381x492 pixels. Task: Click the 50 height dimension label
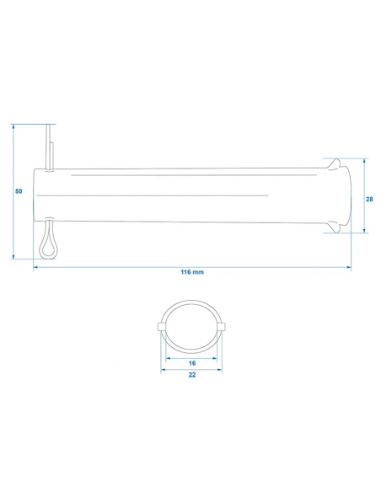coord(19,191)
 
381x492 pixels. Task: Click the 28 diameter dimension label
coord(369,199)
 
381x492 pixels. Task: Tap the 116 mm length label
coord(192,272)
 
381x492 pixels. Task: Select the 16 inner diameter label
coord(192,363)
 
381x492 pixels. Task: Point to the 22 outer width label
coord(192,375)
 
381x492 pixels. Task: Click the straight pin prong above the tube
coord(50,147)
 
